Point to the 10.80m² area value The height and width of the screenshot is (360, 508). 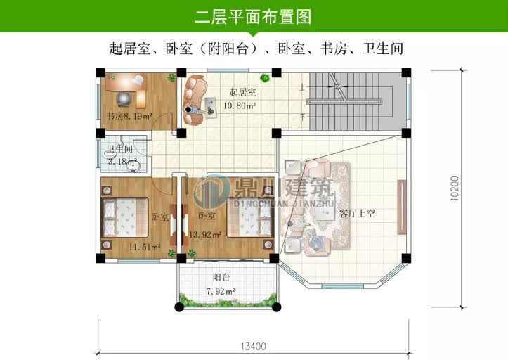click(x=239, y=105)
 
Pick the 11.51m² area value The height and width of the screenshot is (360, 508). click(x=144, y=247)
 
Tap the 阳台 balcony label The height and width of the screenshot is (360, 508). click(x=222, y=278)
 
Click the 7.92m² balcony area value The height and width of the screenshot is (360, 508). click(x=220, y=291)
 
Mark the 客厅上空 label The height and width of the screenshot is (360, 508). click(x=357, y=212)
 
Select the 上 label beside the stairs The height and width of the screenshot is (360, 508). click(x=302, y=88)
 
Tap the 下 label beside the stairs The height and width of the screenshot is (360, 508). click(x=302, y=116)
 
